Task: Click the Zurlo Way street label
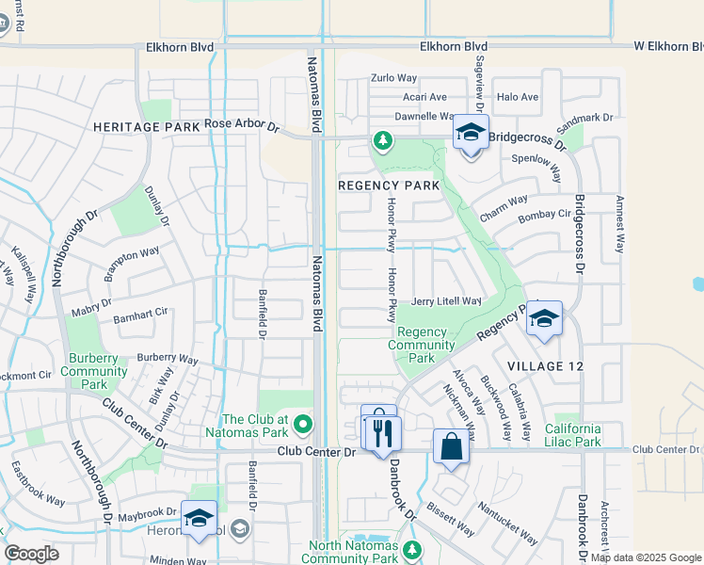click(392, 79)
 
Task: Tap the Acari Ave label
click(424, 97)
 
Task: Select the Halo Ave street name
click(517, 97)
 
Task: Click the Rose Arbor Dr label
click(243, 124)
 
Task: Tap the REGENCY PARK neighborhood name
click(389, 186)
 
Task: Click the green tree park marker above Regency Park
click(382, 141)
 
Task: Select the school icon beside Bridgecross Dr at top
click(471, 133)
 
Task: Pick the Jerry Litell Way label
click(447, 300)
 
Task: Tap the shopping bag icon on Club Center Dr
click(451, 447)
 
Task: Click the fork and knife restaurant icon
click(381, 433)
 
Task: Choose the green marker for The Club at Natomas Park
click(302, 426)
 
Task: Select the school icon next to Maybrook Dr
click(199, 519)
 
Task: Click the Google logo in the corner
click(32, 554)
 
